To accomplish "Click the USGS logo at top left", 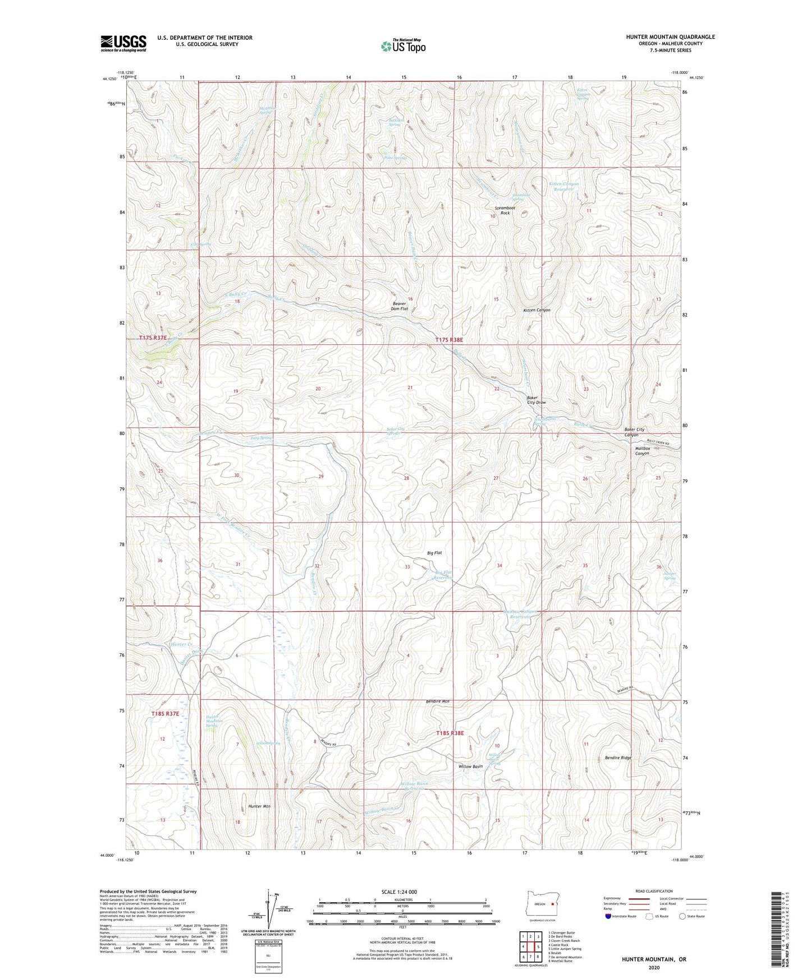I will click(123, 43).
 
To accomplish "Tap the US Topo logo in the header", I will click(402, 46).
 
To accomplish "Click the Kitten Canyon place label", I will click(537, 310).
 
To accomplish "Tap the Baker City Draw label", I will click(536, 400).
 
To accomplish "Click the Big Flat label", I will click(434, 553).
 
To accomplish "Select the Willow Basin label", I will click(470, 766).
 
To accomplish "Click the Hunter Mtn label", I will click(259, 806).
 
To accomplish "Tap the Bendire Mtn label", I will click(437, 701).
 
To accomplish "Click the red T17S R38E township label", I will click(450, 340).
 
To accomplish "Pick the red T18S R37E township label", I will click(165, 714).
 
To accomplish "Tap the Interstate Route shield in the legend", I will click(608, 916).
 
